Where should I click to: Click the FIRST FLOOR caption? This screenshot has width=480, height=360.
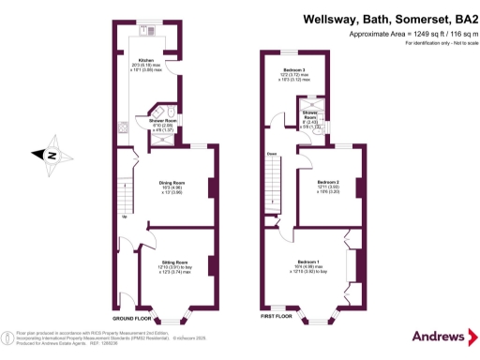pos(277,317)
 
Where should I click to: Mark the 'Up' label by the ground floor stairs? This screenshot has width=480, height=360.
pos(125,218)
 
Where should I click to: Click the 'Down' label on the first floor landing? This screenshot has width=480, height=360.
pos(271,153)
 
